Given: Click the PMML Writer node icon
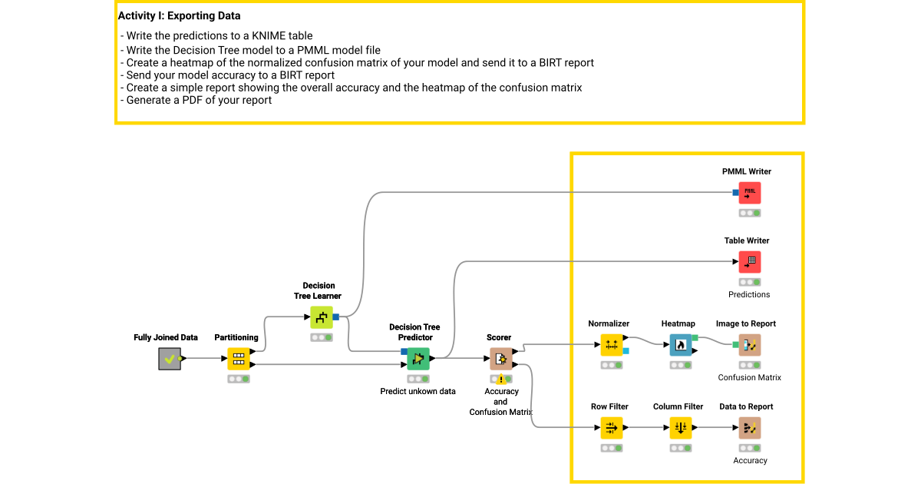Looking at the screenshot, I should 750,193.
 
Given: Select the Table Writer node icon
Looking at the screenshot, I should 750,262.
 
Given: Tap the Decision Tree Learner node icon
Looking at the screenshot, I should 322,317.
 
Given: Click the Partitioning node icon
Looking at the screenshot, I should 239,359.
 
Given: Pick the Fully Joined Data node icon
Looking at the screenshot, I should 170,359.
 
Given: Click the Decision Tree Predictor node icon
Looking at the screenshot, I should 418,359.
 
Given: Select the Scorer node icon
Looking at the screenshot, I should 500,359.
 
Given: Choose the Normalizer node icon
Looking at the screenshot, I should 612,345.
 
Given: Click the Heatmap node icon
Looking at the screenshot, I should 680,345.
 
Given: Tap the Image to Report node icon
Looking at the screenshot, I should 750,345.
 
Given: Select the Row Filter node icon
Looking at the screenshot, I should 612,428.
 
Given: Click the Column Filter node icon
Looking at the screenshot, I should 680,428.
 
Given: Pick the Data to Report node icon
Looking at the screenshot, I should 750,428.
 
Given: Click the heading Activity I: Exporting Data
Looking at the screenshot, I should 179,15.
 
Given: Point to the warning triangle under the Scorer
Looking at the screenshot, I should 500,380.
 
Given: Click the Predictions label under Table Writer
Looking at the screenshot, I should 749,294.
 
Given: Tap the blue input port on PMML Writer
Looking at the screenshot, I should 735,193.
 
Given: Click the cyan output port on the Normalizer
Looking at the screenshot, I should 626,351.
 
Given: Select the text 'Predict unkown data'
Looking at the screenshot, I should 418,391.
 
